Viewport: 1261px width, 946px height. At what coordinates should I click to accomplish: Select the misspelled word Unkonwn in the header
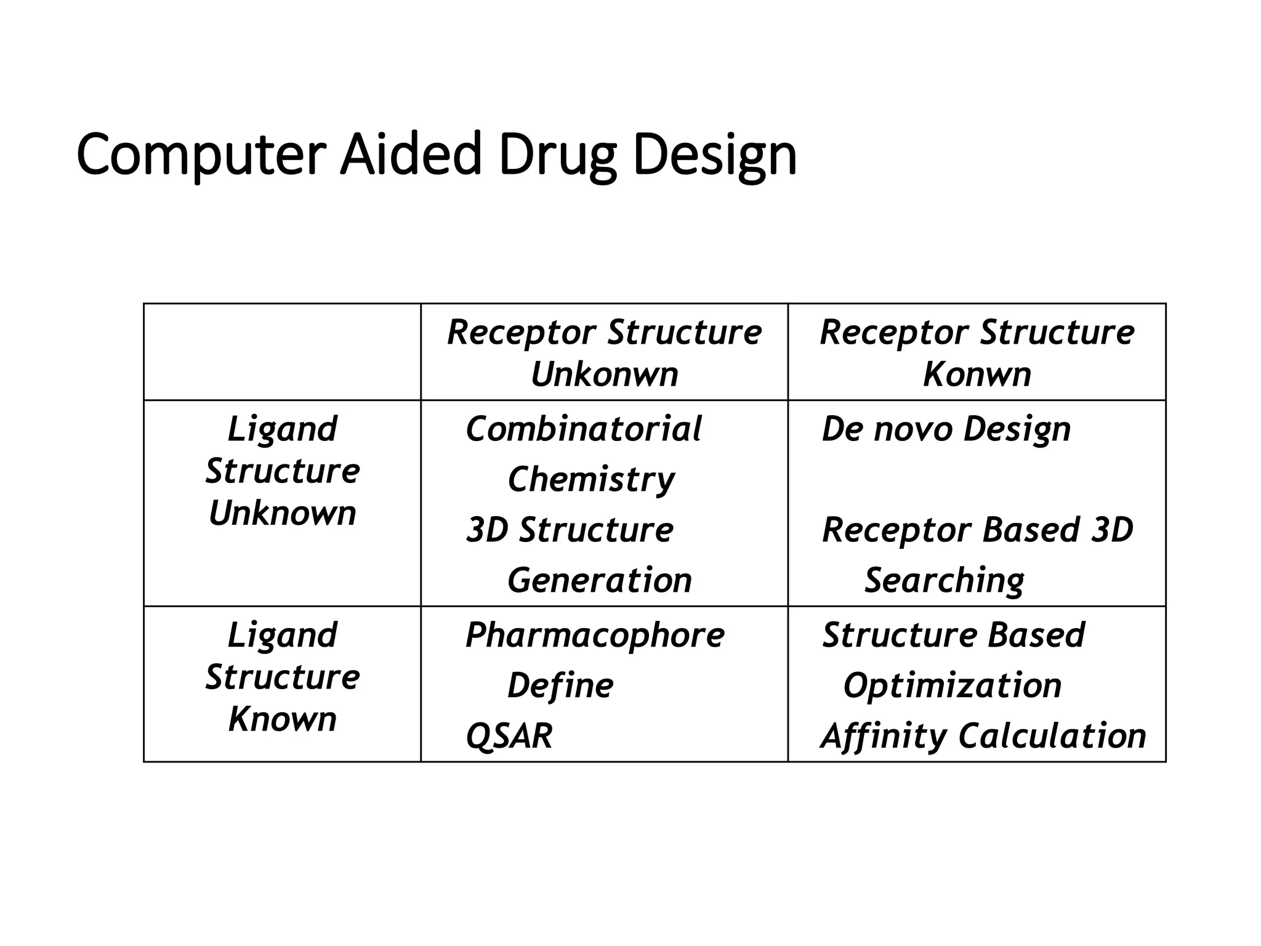point(604,374)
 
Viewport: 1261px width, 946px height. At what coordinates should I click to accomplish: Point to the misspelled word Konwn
point(977,374)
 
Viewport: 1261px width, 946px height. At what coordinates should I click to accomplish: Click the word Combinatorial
point(583,429)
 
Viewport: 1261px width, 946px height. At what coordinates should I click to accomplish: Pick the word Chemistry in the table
point(590,479)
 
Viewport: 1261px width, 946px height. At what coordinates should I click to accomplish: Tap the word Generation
point(599,580)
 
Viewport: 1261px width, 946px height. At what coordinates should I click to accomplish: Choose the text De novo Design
point(946,429)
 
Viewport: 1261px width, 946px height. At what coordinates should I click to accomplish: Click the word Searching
point(944,580)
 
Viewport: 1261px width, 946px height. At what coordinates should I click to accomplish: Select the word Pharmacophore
point(595,635)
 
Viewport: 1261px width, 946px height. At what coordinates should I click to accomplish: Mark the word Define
point(560,685)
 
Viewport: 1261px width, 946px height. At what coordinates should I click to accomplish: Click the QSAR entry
point(509,736)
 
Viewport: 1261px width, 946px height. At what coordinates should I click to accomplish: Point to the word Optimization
point(952,685)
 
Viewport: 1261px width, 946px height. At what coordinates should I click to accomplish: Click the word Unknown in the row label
point(282,513)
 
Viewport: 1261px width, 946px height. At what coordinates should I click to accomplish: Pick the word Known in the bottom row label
point(282,719)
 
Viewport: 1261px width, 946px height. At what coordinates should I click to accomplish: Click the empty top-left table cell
point(282,352)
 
